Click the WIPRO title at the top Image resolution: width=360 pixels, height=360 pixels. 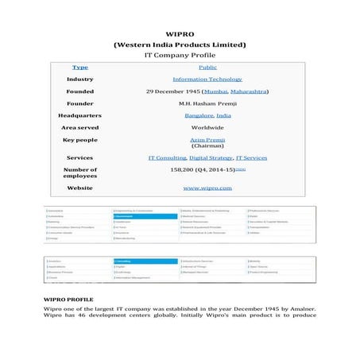tap(179, 34)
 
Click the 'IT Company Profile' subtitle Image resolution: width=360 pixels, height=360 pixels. tap(179, 56)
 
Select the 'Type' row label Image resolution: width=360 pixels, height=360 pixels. tap(80, 68)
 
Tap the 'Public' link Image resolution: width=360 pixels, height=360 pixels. tap(207, 68)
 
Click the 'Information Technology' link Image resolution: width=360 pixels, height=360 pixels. tap(207, 79)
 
